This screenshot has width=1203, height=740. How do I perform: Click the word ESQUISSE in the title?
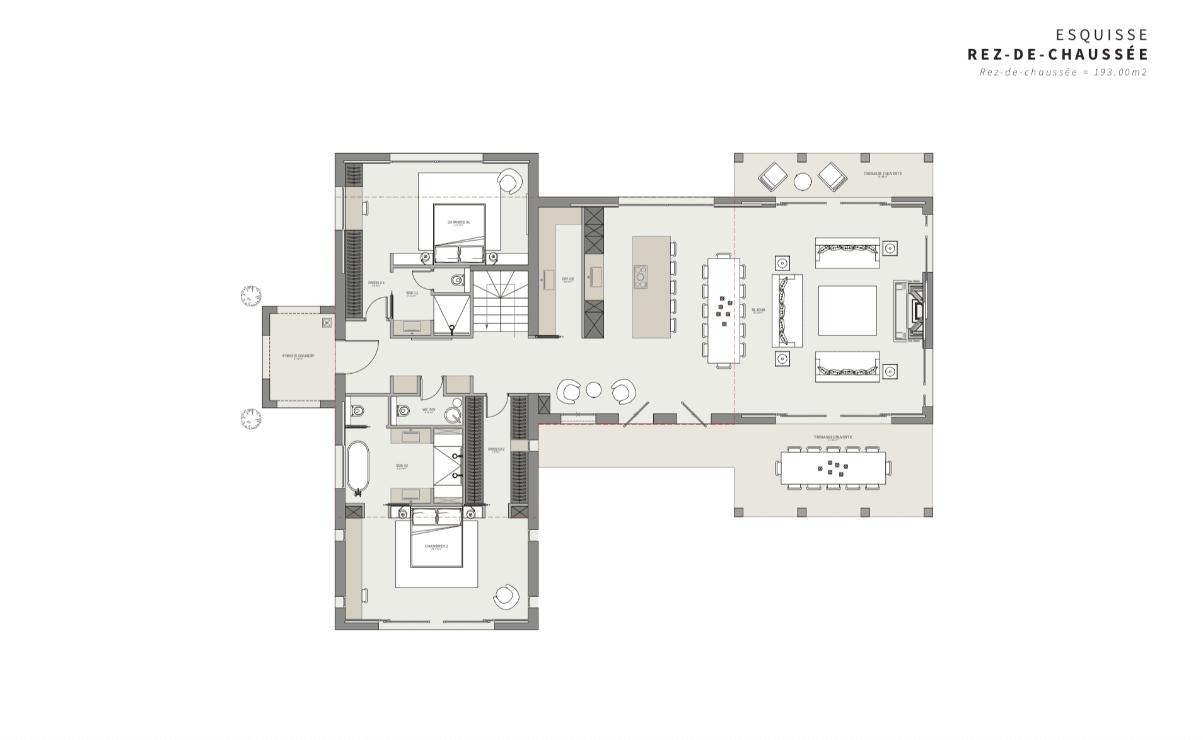(x=1101, y=35)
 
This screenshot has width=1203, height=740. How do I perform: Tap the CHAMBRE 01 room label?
(x=458, y=222)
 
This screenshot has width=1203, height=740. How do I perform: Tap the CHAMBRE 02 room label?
(x=436, y=546)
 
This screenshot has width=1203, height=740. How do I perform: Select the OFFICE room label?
(x=567, y=279)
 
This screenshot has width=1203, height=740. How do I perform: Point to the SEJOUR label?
(x=758, y=309)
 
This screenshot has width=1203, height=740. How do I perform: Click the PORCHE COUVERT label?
(x=298, y=356)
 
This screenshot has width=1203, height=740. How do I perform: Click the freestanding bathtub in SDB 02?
(x=357, y=466)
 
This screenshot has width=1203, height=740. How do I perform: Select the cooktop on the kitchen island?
(x=640, y=277)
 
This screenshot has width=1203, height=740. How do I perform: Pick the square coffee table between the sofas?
(x=847, y=310)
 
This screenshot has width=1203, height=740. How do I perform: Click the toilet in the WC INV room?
(x=404, y=411)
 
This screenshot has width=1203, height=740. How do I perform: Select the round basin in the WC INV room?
(x=453, y=414)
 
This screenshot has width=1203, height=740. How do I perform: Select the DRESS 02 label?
(x=496, y=449)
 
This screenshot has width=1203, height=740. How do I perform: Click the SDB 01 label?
(x=412, y=293)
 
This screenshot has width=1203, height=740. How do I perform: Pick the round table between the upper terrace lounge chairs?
(x=802, y=182)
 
